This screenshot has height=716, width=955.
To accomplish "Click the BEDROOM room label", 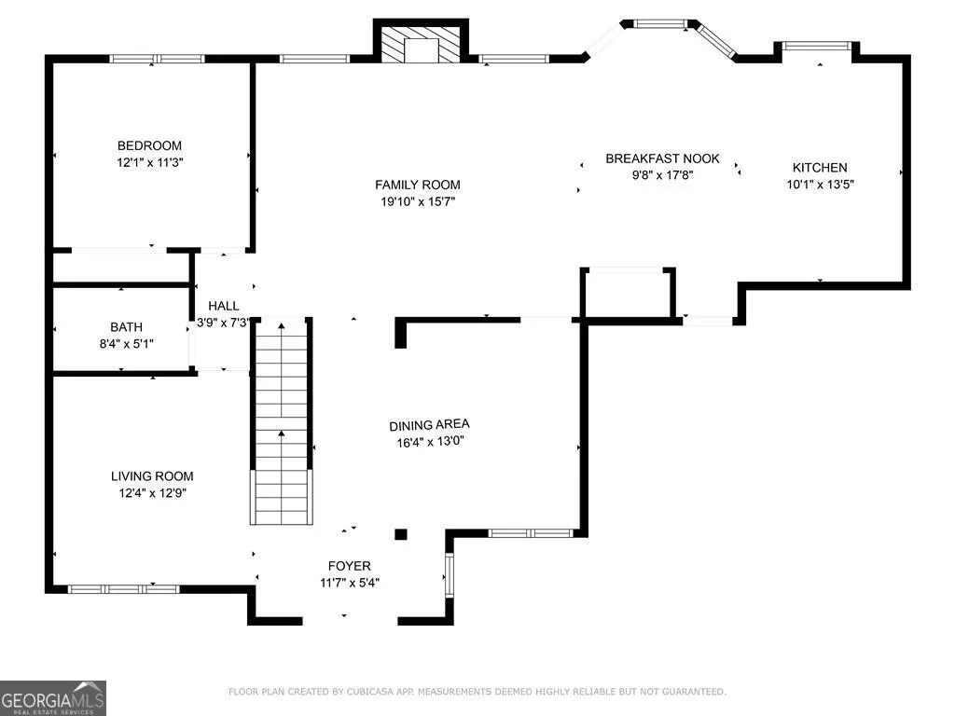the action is coord(149,145).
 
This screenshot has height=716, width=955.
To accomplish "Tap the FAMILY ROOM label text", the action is coord(417,185).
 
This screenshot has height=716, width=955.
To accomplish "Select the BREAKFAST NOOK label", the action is coord(662,158).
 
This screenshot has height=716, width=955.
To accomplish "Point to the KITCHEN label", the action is coord(819,168).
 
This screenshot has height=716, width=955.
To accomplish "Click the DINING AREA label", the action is coord(429,424).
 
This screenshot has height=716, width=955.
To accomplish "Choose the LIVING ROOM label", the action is coord(152,476).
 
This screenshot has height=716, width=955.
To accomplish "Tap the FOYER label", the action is coord(349,566).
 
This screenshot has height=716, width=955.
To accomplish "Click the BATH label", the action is coord(126,327).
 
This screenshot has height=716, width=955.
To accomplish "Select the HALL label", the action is coord(224,306).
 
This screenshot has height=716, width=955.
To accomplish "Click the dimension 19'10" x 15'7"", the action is coord(418,201).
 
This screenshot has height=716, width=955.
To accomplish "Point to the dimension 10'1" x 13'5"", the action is coord(820,184).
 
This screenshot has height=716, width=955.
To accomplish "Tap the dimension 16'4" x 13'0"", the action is coord(430,441).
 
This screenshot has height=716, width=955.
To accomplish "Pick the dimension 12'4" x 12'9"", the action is coord(152,492).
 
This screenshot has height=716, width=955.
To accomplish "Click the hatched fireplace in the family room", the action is coord(421,44).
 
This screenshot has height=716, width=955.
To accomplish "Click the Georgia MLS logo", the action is coord(53,698).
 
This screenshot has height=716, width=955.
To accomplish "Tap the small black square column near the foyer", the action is coord(401,534).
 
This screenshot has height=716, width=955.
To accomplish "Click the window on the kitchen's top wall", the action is coord(816,46).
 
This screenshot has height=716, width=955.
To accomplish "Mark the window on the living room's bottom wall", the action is coord(124,589).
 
